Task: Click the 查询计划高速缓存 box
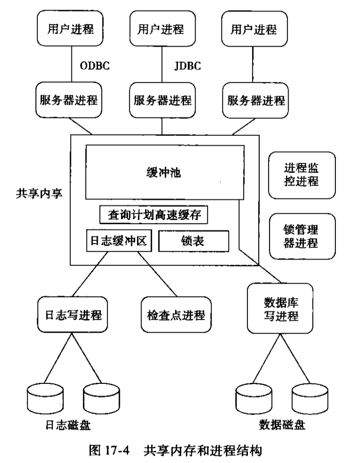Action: (154, 214)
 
